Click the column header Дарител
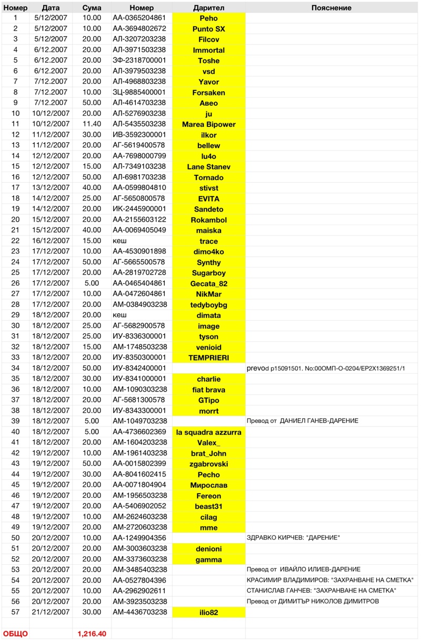[208, 8]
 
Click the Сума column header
[92, 8]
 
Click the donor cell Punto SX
[208, 29]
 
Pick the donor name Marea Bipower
[208, 124]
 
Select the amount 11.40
[92, 124]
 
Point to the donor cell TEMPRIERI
[208, 358]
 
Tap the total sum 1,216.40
[92, 634]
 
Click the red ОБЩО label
[15, 634]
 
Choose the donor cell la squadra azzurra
[208, 432]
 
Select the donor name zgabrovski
[208, 464]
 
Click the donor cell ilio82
[208, 612]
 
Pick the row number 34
[15, 368]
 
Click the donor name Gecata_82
[208, 284]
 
